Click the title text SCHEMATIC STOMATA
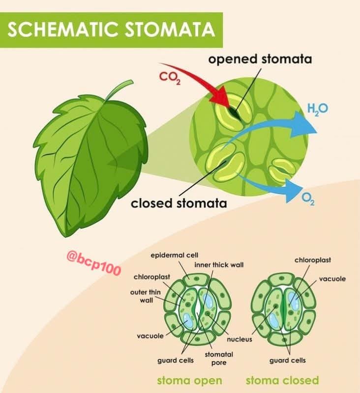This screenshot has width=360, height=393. coord(111,29)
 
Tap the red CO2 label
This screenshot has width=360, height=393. coord(170,78)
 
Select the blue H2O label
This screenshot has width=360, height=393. coord(318,109)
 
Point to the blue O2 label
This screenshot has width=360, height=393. coord(308,199)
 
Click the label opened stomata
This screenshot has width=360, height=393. coord(260,59)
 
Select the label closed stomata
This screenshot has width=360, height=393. coord(179,203)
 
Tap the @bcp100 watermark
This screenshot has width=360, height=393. coord(94,263)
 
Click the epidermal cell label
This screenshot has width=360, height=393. coord(175,255)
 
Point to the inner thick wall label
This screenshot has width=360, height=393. coord(219,265)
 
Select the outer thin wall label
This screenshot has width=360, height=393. coord(146,296)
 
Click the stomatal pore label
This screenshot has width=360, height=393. coord(219,359)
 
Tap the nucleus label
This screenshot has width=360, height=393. coord(240,339)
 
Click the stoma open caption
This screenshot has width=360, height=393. coord(190,380)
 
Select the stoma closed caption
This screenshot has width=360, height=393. coord(282,380)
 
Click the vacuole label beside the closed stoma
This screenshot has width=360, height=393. coord(332,279)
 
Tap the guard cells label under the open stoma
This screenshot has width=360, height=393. coord(176,361)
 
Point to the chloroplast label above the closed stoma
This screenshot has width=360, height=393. coord(313,260)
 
